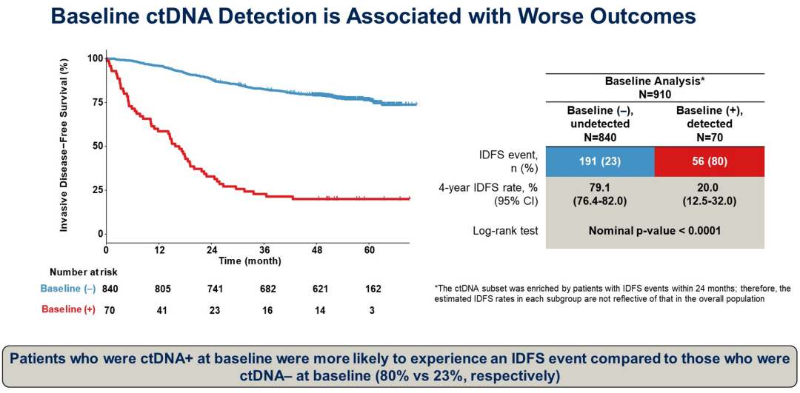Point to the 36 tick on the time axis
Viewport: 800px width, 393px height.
click(264, 249)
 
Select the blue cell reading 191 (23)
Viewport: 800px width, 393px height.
click(599, 161)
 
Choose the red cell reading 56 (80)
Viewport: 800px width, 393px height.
click(709, 161)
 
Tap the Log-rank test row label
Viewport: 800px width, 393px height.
click(505, 231)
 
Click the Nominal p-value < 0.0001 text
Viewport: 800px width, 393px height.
click(654, 231)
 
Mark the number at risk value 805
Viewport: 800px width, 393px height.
click(159, 289)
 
